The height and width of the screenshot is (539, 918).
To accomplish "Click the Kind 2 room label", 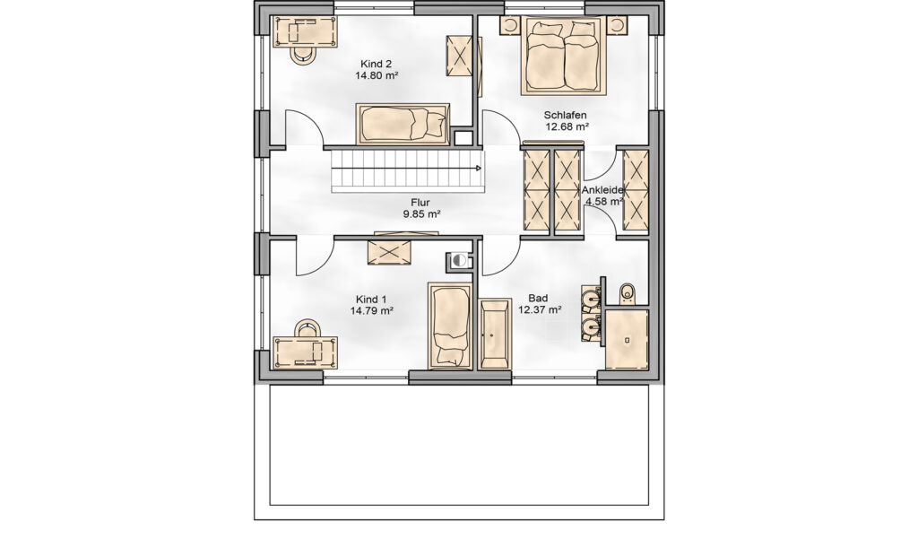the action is tap(376, 64).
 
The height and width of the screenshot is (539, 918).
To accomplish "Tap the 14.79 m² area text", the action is tap(372, 310).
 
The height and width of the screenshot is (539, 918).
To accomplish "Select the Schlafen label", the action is tap(565, 116).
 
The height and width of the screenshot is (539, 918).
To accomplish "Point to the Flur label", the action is tap(420, 203).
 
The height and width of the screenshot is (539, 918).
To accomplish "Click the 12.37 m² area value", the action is tap(540, 310).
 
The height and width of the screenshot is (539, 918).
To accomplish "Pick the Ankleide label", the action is tap(602, 190).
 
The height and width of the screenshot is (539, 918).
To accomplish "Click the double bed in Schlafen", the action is tap(564, 55).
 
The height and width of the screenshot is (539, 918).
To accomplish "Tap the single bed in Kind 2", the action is tap(403, 124).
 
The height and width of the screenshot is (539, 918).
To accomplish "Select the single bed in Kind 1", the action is tap(450, 326).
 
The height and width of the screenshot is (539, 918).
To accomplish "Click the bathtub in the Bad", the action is tap(495, 335).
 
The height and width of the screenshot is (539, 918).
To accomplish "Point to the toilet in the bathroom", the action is tap(627, 293).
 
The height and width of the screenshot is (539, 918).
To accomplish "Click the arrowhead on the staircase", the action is tap(479, 169).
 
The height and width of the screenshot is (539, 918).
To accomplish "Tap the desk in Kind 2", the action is tap(305, 31).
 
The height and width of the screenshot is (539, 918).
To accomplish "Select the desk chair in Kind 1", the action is tap(307, 328).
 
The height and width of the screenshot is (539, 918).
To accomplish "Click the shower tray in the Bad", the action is tap(627, 340).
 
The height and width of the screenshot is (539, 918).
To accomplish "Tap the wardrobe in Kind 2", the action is tap(460, 56).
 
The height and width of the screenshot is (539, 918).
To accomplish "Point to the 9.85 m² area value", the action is tap(421, 214).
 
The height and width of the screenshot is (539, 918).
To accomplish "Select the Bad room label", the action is tap(538, 299).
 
